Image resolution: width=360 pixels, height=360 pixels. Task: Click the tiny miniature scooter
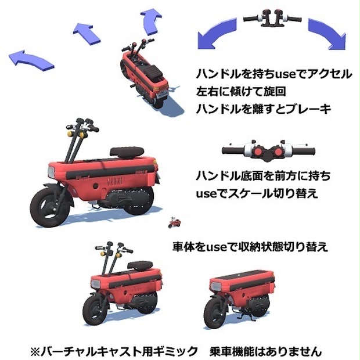click(x=175, y=222)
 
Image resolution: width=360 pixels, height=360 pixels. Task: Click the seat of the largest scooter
click(x=127, y=152)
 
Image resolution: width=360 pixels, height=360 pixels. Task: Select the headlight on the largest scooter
click(x=51, y=171)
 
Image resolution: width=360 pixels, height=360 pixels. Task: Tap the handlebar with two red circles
click(x=268, y=151)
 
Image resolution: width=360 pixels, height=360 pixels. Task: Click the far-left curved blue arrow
click(x=31, y=60)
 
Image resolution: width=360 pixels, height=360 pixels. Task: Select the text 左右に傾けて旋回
click(x=241, y=91)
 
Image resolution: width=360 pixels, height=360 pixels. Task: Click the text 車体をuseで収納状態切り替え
click(x=250, y=247)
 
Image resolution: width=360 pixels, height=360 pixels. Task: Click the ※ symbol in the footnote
click(x=35, y=351)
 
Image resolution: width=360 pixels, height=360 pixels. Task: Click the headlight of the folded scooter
click(x=215, y=286)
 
